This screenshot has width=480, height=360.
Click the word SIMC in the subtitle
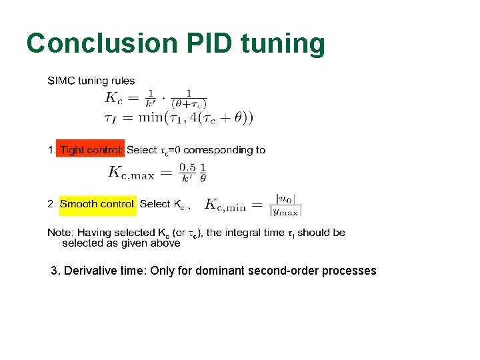[x=61, y=81]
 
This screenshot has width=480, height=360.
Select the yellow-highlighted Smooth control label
[x=97, y=204]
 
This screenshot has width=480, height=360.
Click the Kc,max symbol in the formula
[x=131, y=173]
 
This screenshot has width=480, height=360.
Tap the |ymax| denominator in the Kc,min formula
[x=286, y=211]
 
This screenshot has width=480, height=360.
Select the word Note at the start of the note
[x=59, y=233]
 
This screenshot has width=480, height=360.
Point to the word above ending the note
[x=166, y=243]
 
